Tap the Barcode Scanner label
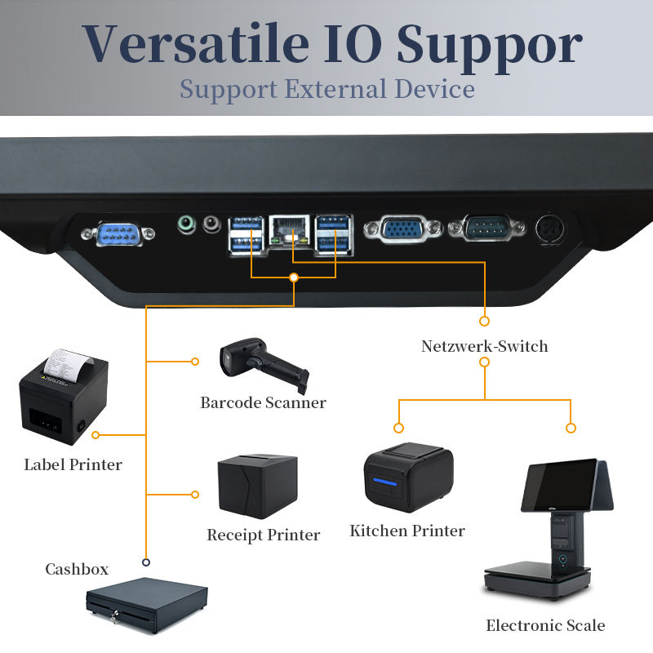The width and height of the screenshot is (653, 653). coord(263,402)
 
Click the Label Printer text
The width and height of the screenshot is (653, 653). coord(73,464)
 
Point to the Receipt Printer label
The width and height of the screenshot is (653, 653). coord(263,535)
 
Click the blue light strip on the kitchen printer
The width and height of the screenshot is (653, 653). coord(385,483)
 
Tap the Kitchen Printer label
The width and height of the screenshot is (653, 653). coord(406,531)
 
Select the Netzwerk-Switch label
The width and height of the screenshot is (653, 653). coord(484,346)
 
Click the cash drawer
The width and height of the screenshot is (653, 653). coord(147,605)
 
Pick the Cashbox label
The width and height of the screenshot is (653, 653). coord(77,569)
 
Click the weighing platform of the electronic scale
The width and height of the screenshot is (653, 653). coord(535,575)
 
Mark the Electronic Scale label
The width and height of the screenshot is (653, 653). coord(545,625)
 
